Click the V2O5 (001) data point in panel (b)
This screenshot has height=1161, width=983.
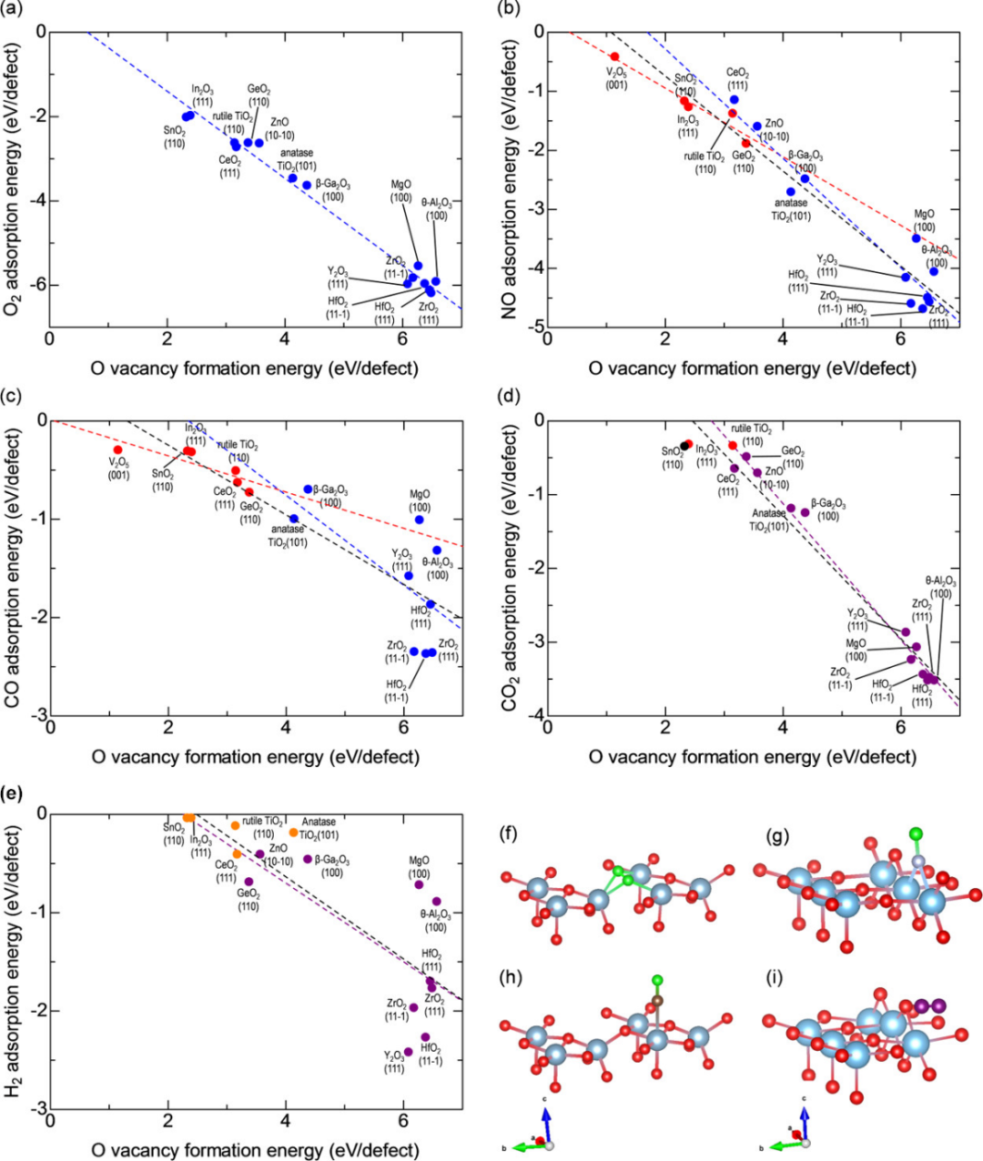point(615,56)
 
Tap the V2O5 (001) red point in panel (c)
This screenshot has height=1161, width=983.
point(117,449)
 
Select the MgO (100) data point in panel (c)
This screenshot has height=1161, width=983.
point(419,520)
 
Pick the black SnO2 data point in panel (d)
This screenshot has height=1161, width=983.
point(684,446)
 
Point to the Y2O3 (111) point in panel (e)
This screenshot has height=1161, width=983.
point(408,1052)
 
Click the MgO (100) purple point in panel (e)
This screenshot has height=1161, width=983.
point(419,884)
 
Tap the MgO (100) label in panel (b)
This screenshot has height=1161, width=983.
point(924,220)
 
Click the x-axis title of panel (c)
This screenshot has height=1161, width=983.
point(255,757)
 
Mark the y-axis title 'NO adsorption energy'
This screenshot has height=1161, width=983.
point(511,191)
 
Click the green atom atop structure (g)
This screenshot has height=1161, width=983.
point(916,833)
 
